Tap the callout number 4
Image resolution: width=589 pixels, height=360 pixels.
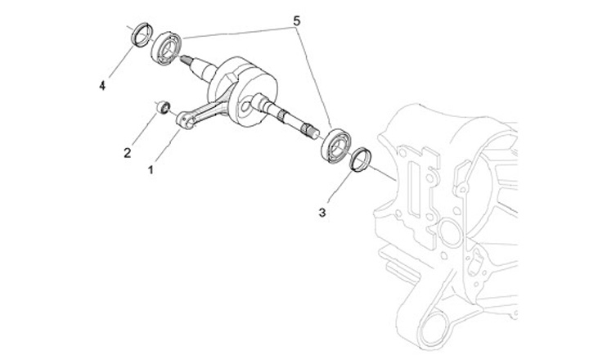coord(103,84)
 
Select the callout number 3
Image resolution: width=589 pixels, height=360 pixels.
coord(323,213)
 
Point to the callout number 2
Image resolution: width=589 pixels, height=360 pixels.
coord(128,152)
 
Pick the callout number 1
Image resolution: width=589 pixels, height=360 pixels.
coord(151,170)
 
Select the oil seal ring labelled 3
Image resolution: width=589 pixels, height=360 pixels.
coord(360,159)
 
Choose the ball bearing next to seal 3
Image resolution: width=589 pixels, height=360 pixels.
coord(335,145)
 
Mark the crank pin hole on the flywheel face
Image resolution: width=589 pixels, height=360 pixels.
coord(246,105)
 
